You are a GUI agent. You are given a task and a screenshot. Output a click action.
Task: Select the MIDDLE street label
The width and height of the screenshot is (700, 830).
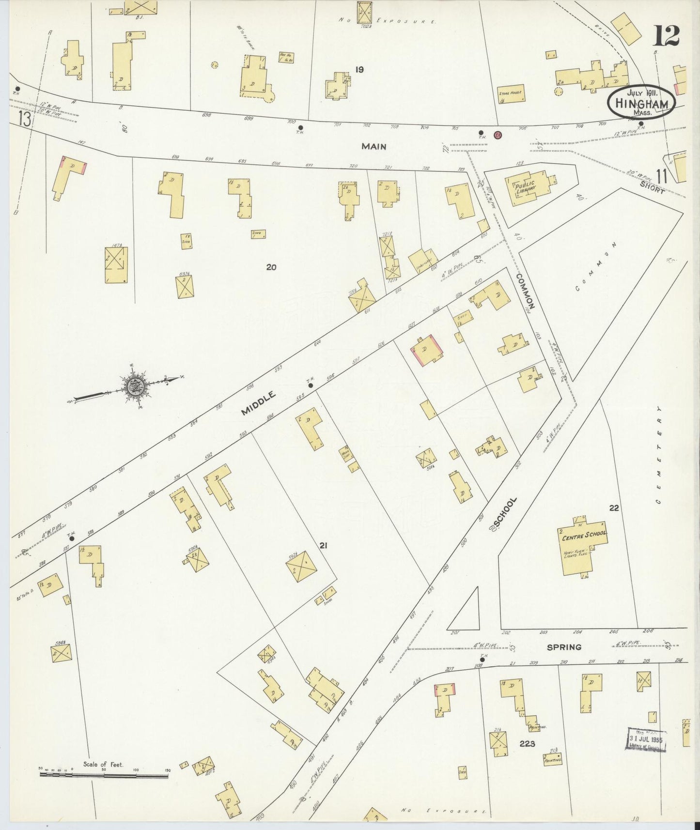[x=259, y=403]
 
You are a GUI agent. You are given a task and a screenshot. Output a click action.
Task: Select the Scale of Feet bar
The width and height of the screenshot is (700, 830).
[x=104, y=775]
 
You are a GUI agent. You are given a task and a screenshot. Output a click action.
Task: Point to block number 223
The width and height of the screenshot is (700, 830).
[x=527, y=743]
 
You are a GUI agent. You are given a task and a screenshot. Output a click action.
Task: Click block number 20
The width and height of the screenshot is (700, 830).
[x=271, y=266]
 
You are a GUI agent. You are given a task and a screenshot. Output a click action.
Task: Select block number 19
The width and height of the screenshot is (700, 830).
[x=359, y=70]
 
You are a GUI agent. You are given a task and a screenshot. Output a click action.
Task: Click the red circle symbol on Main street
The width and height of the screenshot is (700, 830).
[x=497, y=135]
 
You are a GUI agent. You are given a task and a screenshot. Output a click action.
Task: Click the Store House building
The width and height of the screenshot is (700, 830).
[x=512, y=95]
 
